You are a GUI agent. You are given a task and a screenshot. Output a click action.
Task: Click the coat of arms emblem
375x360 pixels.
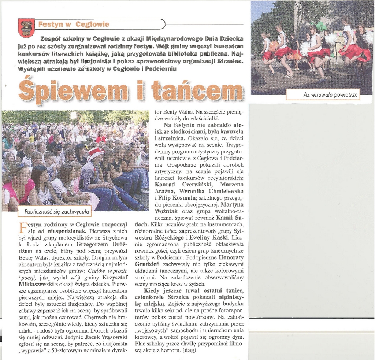[26, 28]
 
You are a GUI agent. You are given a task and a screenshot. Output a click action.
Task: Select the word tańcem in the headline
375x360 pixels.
[198, 90]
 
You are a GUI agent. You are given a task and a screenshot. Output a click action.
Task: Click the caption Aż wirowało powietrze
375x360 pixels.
[323, 95]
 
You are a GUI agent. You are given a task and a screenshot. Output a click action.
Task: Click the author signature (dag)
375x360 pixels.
[189, 350]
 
